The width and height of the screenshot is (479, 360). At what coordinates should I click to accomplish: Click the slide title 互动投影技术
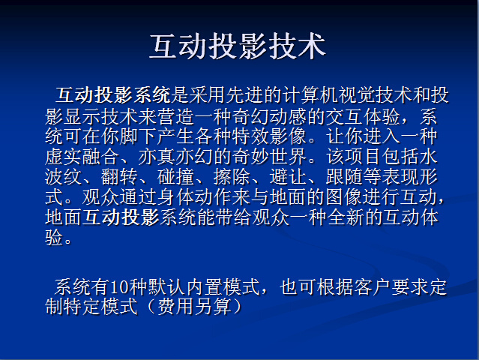pos(238,46)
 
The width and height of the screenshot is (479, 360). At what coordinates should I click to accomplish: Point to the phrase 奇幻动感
pos(269,116)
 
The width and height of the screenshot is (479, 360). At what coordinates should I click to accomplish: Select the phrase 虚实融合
pos(82,157)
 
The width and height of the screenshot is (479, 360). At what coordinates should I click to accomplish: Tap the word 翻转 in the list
pos(119,177)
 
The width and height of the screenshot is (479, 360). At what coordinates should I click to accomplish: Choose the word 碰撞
pos(175,177)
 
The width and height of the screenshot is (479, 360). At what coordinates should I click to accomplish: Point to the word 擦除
pos(231,177)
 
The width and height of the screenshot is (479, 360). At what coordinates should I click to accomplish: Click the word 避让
pos(287,177)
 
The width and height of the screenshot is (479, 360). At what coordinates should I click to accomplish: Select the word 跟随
pos(343,177)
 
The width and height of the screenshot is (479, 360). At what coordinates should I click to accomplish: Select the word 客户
pos(372,287)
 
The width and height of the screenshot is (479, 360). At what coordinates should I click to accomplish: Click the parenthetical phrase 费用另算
pos(194,307)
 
